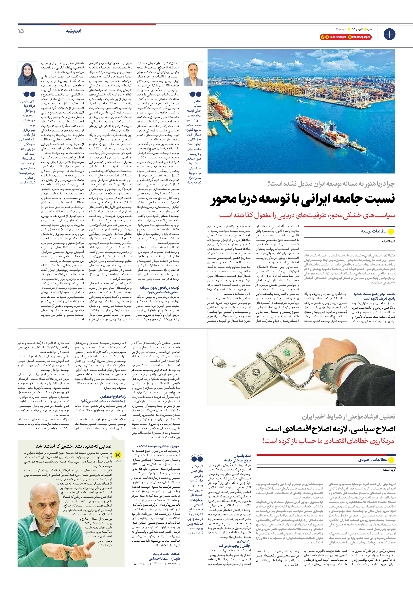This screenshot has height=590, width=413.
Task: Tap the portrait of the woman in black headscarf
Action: coord(27,75)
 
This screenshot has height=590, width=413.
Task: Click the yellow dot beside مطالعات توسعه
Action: coord(391,231)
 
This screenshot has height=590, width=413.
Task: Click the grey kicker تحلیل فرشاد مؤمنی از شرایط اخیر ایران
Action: coord(348,417)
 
